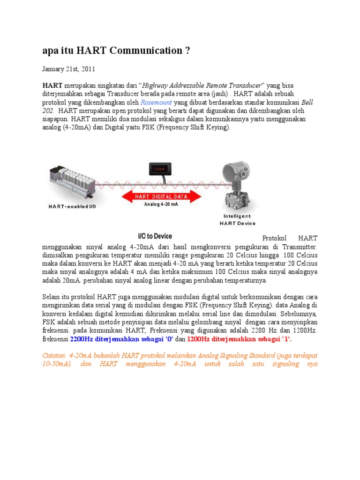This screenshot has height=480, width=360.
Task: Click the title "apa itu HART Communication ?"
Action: pyautogui.click(x=116, y=51)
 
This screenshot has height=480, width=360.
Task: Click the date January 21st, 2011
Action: pyautogui.click(x=68, y=69)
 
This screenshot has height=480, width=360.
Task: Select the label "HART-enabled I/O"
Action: pyautogui.click(x=73, y=207)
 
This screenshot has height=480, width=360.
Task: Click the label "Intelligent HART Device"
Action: pyautogui.click(x=237, y=220)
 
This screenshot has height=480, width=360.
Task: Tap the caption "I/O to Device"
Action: pyautogui.click(x=155, y=236)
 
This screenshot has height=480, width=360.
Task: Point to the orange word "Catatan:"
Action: pyautogui.click(x=55, y=356)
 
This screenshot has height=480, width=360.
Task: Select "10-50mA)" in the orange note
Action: pyautogui.click(x=57, y=364)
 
